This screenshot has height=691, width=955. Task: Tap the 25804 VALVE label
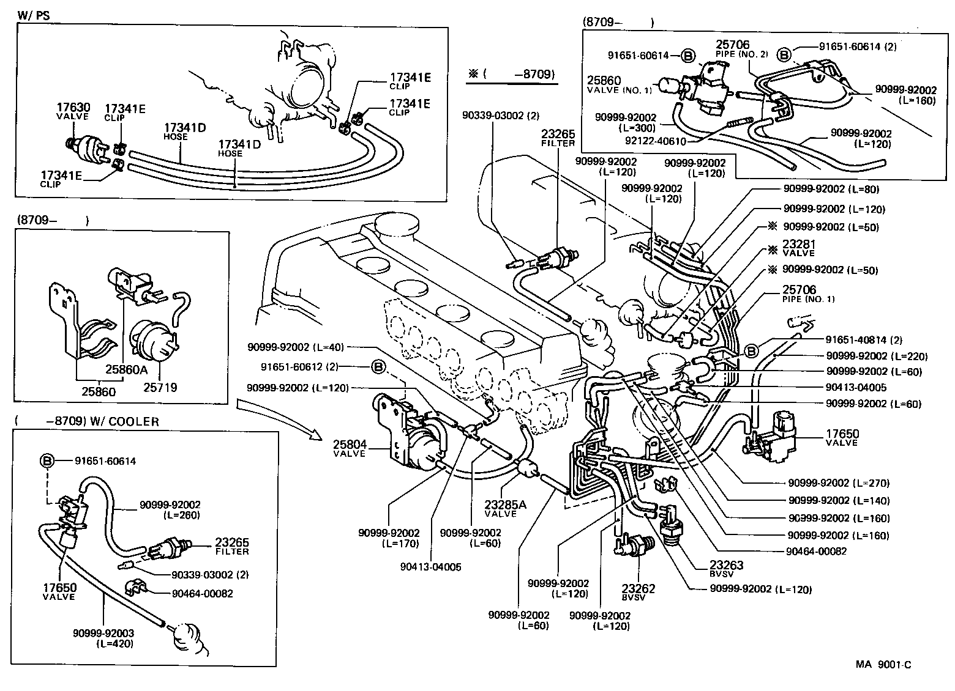click(x=349, y=448)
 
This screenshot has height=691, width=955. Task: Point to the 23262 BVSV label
click(x=639, y=593)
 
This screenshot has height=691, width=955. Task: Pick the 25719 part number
click(x=160, y=387)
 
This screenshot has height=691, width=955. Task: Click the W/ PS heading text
click(x=34, y=15)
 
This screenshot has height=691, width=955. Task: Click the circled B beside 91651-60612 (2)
click(x=378, y=367)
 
